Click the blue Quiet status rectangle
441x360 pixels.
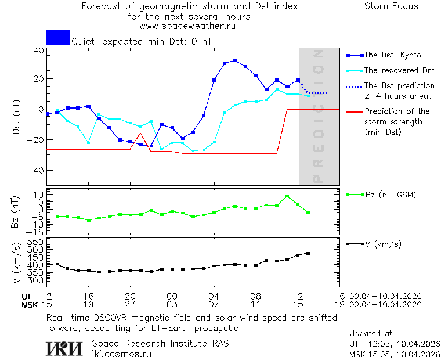pos(58,37)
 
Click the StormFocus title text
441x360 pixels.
pos(391,6)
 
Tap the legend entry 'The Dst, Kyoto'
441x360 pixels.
pos(392,55)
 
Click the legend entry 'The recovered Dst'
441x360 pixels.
pos(399,71)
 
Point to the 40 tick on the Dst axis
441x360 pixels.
pos(39,51)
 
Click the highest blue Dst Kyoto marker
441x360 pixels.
pos(235,60)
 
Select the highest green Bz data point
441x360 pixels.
pos(287,196)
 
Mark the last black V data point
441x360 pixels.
pos(308,253)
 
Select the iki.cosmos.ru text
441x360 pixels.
pos(122,353)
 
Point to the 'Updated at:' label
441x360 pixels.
pos(372,334)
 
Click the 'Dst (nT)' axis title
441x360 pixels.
pos(16,118)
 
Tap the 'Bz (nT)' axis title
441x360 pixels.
pos(16,212)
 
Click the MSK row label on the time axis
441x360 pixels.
pos(30,304)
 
